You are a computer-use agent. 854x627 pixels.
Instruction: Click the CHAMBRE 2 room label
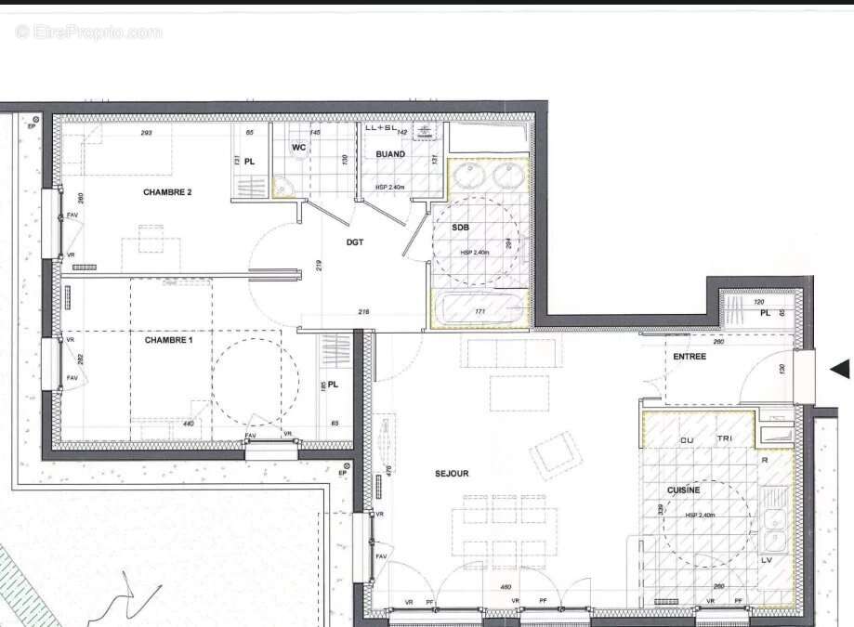click(x=167, y=192)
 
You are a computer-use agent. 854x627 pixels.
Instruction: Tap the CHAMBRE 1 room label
click(x=168, y=340)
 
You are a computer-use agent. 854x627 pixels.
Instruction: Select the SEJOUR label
click(x=452, y=474)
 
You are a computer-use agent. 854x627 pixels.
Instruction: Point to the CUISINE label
click(x=683, y=490)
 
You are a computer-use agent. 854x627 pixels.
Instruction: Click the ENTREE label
click(x=690, y=356)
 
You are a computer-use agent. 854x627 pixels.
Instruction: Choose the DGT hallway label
click(x=355, y=242)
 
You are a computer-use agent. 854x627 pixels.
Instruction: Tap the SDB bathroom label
click(x=460, y=228)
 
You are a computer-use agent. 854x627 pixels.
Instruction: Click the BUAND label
click(x=390, y=154)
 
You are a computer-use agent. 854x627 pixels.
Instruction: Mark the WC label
click(x=299, y=148)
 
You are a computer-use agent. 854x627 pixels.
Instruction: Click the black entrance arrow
click(x=839, y=369)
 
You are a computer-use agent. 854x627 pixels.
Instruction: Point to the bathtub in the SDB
click(x=479, y=310)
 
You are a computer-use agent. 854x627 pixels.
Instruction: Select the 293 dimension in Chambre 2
click(x=146, y=133)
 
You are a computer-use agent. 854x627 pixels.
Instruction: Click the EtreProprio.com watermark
click(x=88, y=32)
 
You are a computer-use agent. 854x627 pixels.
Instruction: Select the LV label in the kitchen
click(x=768, y=561)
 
